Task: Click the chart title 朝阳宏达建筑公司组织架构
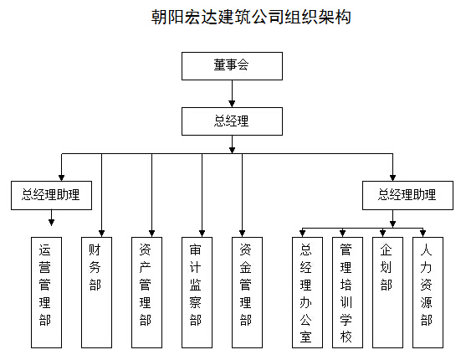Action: pyautogui.click(x=251, y=17)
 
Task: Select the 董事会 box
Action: pyautogui.click(x=232, y=66)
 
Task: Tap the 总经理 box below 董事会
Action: pyautogui.click(x=232, y=121)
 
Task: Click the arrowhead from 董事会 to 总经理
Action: pyautogui.click(x=232, y=104)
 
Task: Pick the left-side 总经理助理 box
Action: pyautogui.click(x=51, y=195)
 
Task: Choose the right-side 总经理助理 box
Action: pyautogui.click(x=407, y=195)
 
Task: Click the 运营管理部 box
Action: pyautogui.click(x=46, y=292)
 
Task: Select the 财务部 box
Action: pyautogui.click(x=96, y=292)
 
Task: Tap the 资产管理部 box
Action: pyautogui.click(x=146, y=292)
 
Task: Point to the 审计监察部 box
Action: pyautogui.click(x=197, y=292)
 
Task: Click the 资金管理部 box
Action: pyautogui.click(x=248, y=292)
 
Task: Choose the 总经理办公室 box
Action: pyautogui.click(x=307, y=292)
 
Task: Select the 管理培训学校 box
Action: pyautogui.click(x=347, y=292)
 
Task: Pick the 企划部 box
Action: pyautogui.click(x=387, y=292)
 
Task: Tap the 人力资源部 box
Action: pyautogui.click(x=428, y=292)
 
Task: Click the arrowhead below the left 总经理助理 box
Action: pyautogui.click(x=51, y=223)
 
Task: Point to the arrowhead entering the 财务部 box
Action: pyautogui.click(x=101, y=234)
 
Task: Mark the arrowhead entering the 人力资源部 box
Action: pyautogui.click(x=422, y=234)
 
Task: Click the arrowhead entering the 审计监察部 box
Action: pyautogui.click(x=202, y=234)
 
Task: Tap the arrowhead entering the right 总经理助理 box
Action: pyautogui.click(x=392, y=177)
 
